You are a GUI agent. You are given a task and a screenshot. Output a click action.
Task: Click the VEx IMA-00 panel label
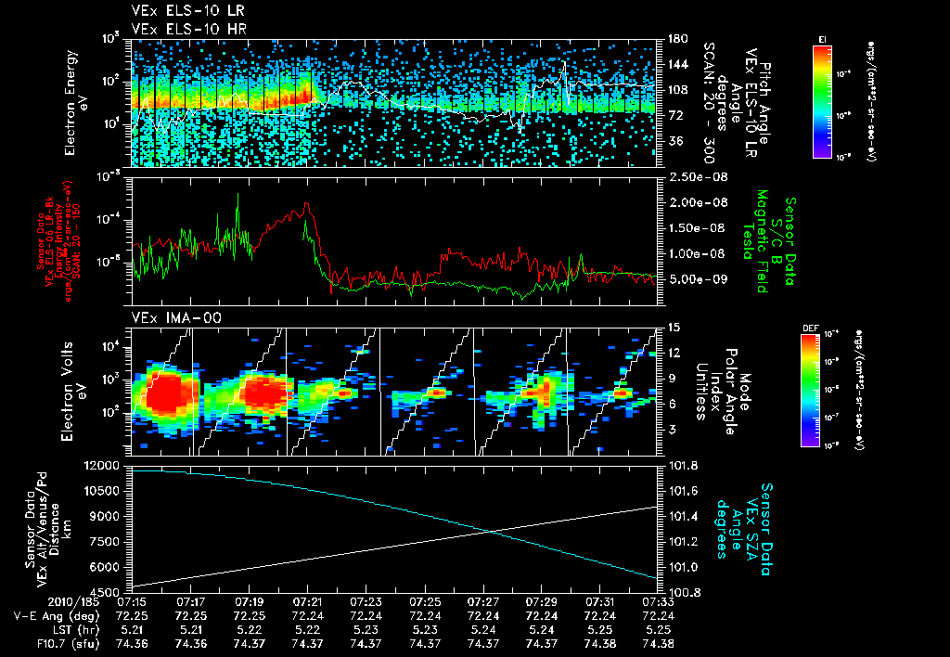tap(166, 318)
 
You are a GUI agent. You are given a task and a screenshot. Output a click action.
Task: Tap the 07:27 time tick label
tap(483, 602)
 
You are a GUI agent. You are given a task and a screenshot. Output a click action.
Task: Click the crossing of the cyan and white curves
tap(490, 531)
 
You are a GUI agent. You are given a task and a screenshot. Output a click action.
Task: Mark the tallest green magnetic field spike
tap(237, 195)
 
